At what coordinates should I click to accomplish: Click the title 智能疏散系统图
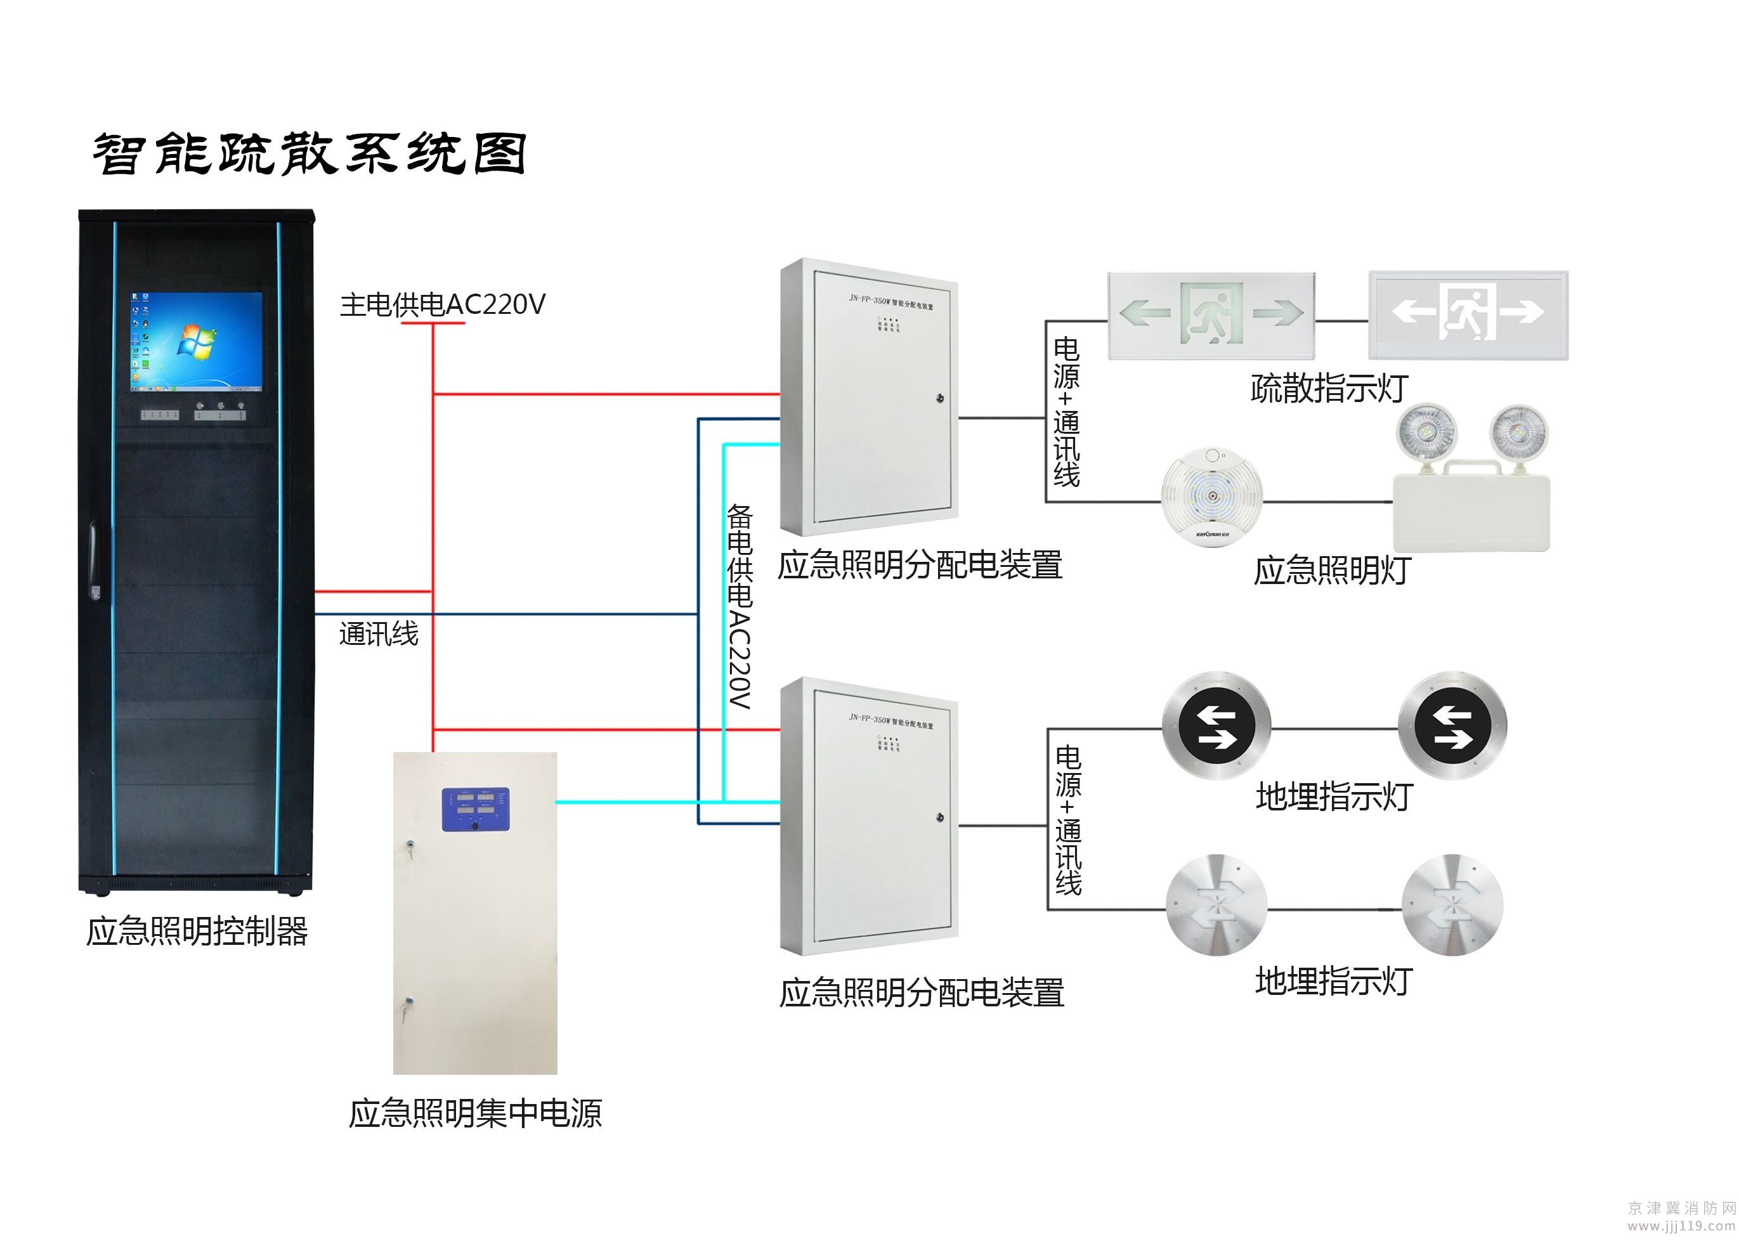point(309,154)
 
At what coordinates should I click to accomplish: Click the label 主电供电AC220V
point(441,304)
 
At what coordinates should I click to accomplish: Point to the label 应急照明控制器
point(197,931)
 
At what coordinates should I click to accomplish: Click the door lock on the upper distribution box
point(939,398)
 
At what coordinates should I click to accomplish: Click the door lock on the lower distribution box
point(939,817)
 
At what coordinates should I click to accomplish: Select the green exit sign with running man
point(1211,314)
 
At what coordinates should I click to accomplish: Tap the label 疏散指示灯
point(1329,388)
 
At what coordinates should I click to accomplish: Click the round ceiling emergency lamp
point(1211,497)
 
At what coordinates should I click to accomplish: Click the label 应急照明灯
point(1331,570)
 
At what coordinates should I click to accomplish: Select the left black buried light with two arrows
point(1216,726)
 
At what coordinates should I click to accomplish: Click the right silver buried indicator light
point(1452,905)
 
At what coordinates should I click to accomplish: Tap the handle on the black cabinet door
point(95,560)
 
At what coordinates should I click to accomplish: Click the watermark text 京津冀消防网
point(1681,1207)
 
